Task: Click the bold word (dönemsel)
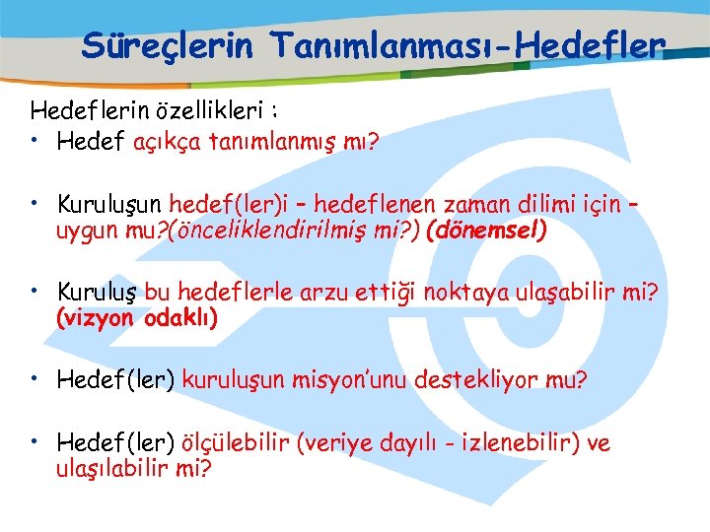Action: coord(485,233)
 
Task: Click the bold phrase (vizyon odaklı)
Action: coord(137,318)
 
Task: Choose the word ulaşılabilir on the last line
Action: coord(116,468)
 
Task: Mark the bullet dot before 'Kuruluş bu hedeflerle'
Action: coord(35,290)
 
